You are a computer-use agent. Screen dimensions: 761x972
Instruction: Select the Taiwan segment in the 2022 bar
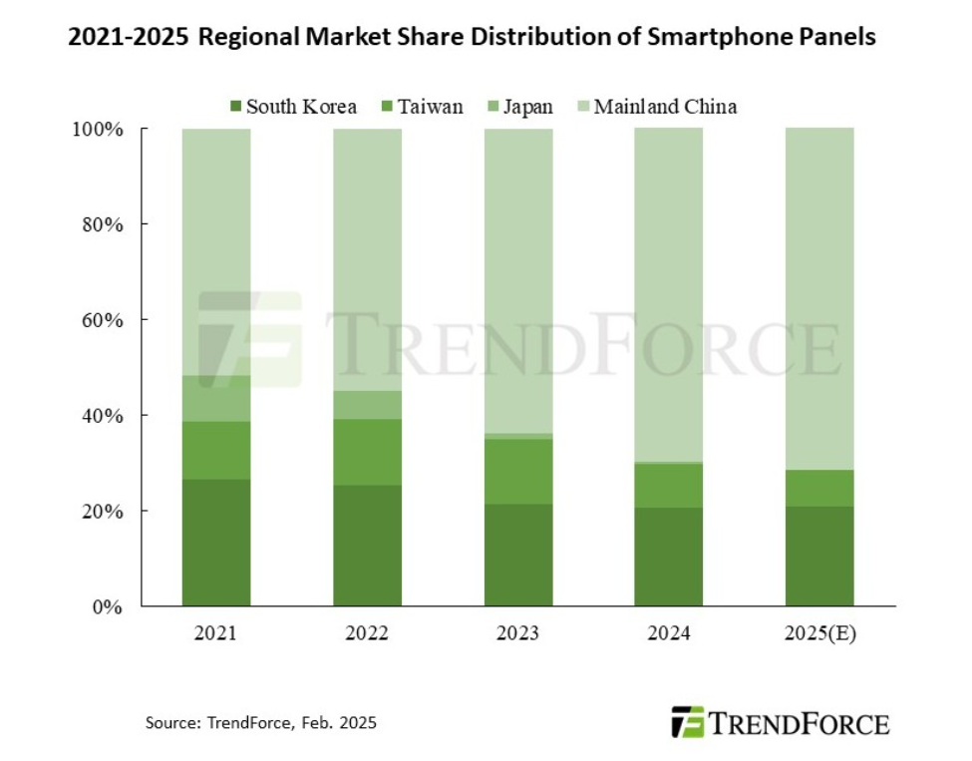point(368,452)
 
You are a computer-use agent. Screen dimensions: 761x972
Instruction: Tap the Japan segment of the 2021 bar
point(216,399)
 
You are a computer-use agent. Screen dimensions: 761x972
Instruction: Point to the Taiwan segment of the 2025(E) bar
point(819,488)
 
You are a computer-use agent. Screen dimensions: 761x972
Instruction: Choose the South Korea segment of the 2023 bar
point(518,555)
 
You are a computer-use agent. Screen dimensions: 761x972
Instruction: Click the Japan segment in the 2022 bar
point(368,404)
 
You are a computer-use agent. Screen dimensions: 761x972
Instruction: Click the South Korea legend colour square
point(235,106)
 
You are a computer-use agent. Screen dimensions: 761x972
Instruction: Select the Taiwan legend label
point(430,106)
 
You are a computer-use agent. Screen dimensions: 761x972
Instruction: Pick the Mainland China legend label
point(665,106)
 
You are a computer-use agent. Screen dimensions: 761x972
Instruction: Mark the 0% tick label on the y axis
point(109,606)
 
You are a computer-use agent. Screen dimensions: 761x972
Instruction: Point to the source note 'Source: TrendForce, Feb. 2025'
point(261,722)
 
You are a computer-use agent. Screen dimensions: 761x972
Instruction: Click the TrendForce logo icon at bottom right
point(688,721)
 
